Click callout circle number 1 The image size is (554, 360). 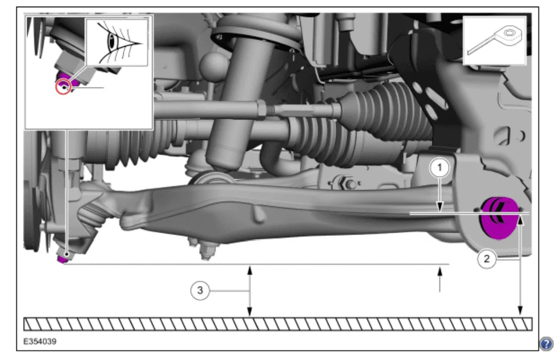(440, 168)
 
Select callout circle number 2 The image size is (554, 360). (487, 259)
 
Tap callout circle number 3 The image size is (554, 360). (200, 290)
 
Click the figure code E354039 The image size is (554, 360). (40, 342)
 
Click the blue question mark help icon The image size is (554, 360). (546, 344)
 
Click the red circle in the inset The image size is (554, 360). (63, 87)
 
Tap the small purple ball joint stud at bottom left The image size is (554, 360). (63, 260)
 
